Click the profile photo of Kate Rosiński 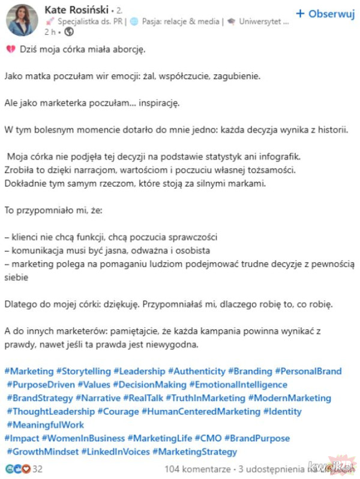point(22,19)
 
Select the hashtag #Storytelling point(83,372)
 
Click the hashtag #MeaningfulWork point(46,425)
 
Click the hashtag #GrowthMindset point(42,452)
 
